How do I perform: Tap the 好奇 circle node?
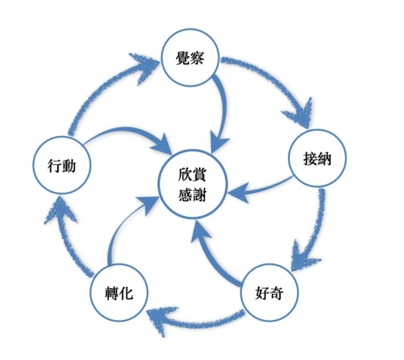tap(269, 295)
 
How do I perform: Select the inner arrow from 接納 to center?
tap(260, 186)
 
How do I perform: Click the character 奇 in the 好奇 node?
tap(276, 295)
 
